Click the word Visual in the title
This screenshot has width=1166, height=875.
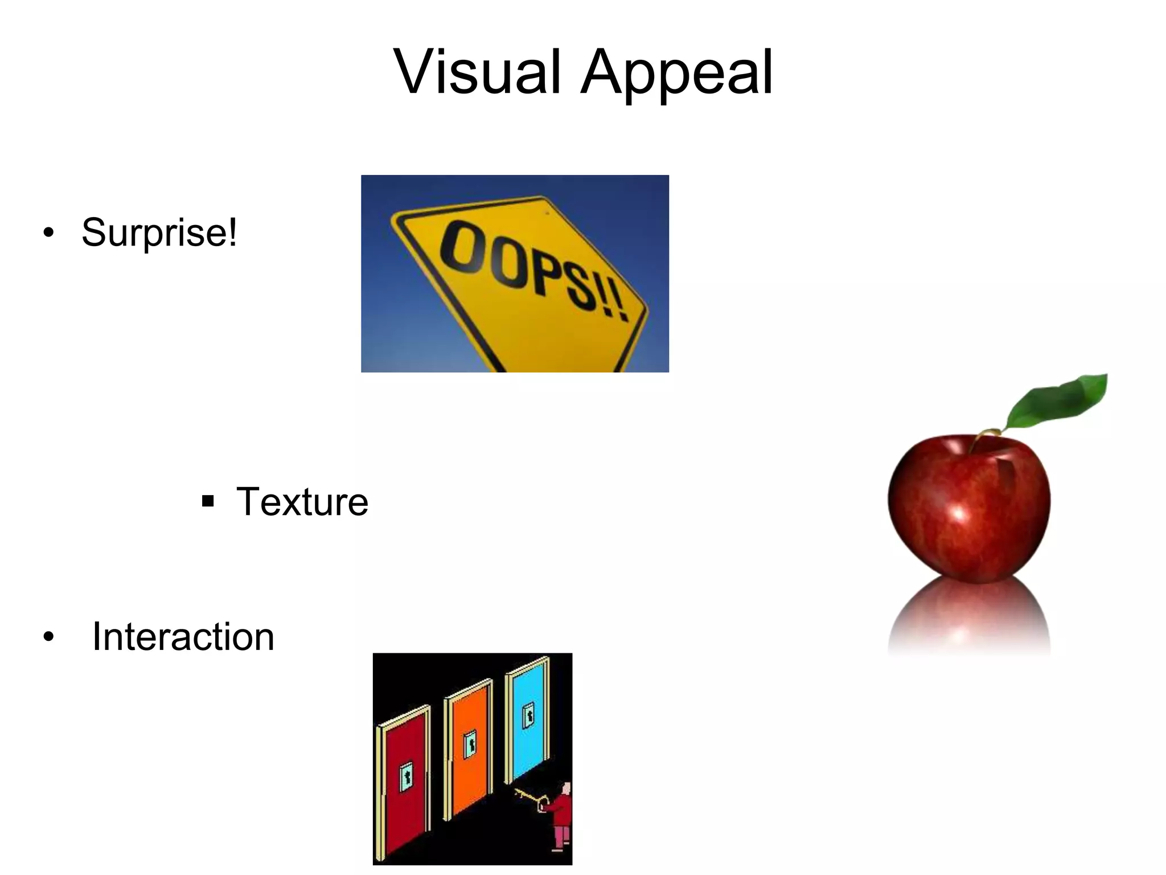tap(477, 73)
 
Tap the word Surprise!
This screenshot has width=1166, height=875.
tap(159, 232)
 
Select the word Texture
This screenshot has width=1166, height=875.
tap(302, 502)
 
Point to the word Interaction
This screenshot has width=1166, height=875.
tap(183, 636)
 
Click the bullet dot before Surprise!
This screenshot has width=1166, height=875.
tap(48, 233)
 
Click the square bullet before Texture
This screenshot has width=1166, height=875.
tap(208, 501)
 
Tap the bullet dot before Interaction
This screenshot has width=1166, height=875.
tap(48, 637)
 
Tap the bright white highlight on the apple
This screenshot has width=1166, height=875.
tap(959, 513)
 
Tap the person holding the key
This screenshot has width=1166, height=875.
tap(561, 815)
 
